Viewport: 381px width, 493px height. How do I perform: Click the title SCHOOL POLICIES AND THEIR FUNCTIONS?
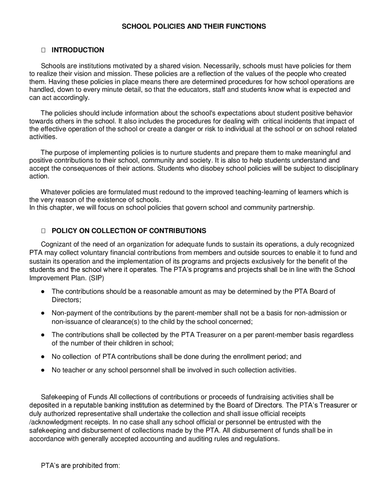pyautogui.click(x=194, y=26)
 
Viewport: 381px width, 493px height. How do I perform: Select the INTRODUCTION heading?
pyautogui.click(x=78, y=50)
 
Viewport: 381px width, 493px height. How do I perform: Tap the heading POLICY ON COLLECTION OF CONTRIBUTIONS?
pyautogui.click(x=129, y=231)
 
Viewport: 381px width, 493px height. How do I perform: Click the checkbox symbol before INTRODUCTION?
pyautogui.click(x=43, y=50)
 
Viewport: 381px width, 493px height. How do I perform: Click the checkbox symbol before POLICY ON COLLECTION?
pyautogui.click(x=43, y=231)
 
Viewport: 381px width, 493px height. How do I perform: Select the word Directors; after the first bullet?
pyautogui.click(x=66, y=300)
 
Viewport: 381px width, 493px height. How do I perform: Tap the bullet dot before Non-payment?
pyautogui.click(x=43, y=313)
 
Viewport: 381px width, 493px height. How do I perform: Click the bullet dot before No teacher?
pyautogui.click(x=43, y=370)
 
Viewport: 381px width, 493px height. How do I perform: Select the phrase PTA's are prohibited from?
pyautogui.click(x=80, y=466)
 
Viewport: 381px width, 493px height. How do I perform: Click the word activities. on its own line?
pyautogui.click(x=43, y=137)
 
